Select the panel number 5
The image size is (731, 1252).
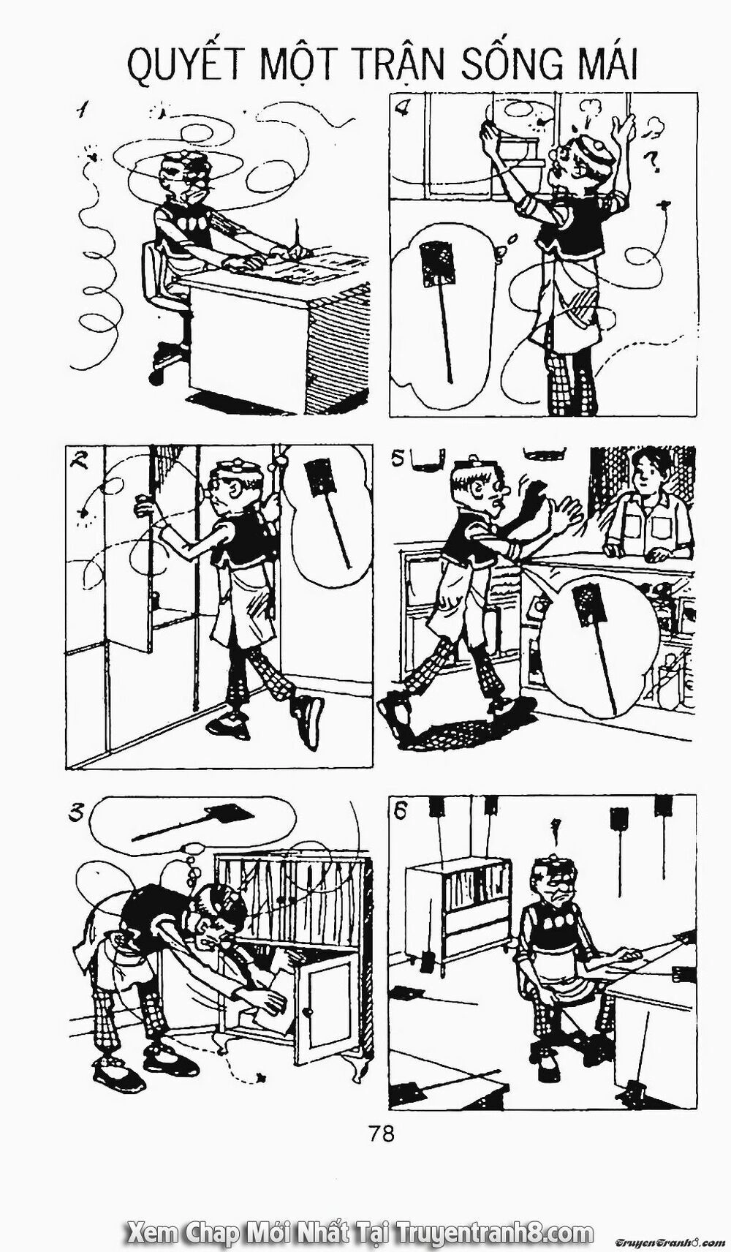click(398, 460)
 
